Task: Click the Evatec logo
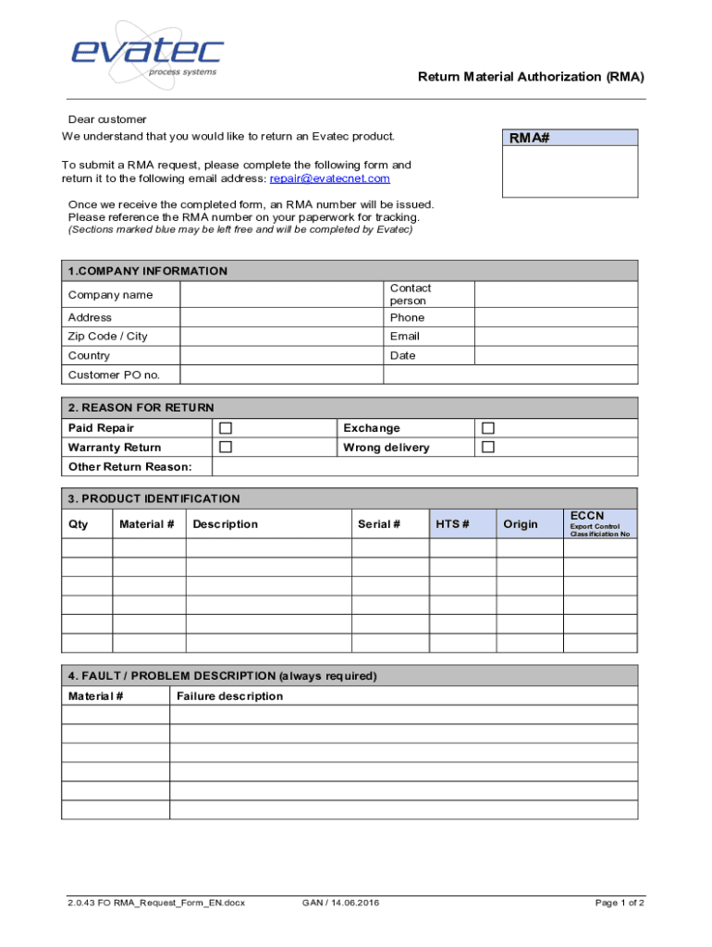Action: (x=148, y=51)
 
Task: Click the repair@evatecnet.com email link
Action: (x=329, y=178)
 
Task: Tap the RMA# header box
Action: (x=570, y=139)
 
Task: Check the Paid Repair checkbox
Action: (x=225, y=428)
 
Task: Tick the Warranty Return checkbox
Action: (x=225, y=448)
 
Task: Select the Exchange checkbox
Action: (x=488, y=428)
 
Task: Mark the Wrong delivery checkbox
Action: (x=488, y=448)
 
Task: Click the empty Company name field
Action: (x=281, y=295)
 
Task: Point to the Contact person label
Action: (x=410, y=295)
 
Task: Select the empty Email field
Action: (x=555, y=337)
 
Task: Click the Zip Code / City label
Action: (x=107, y=337)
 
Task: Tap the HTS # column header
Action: (x=452, y=524)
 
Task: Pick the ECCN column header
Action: (x=587, y=515)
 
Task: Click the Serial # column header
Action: (x=379, y=524)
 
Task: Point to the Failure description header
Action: (x=229, y=696)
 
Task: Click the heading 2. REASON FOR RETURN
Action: (x=141, y=408)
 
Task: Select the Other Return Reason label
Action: (x=129, y=467)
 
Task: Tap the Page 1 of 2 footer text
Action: (x=620, y=903)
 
